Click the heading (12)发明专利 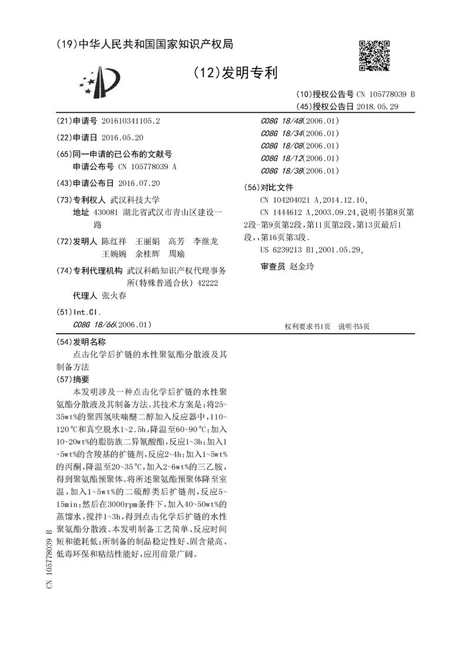coord(235,73)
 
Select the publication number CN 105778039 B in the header coord(385,94)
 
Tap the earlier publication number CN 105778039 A coord(139,167)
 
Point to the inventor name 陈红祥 coord(114,242)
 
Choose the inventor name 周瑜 coord(177,254)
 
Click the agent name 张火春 coord(114,296)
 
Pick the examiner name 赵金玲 coord(302,267)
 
